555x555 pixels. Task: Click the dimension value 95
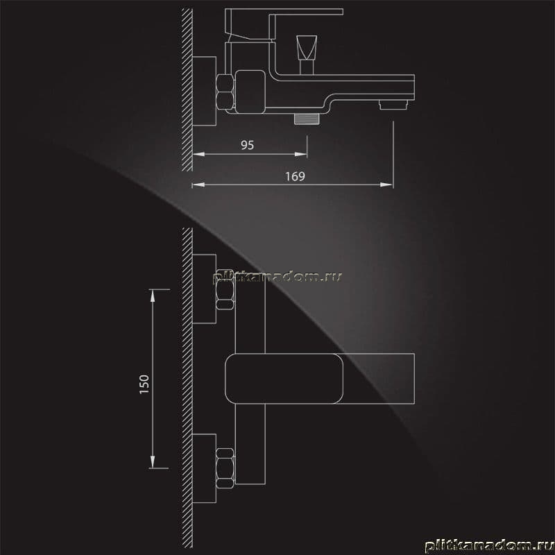pos(247,145)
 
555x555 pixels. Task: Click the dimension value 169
pos(295,176)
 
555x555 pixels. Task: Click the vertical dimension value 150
pos(144,384)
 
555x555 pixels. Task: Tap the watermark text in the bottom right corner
pos(489,545)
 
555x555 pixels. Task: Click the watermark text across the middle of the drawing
pos(278,277)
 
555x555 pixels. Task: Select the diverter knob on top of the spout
pos(307,55)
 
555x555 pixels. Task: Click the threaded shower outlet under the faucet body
pos(307,119)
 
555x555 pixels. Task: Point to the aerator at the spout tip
pos(393,105)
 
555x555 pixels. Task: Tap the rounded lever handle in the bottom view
pos(284,378)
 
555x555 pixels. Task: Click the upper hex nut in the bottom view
pos(225,289)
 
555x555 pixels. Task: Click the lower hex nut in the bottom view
pos(225,468)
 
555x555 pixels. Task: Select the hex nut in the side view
pos(225,92)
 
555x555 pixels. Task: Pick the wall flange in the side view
pos(204,91)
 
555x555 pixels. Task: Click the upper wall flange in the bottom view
pos(204,289)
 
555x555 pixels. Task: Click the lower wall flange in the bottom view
pos(204,468)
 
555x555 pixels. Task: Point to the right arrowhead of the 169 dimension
pos(386,185)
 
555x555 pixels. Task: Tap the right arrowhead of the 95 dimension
pos(301,154)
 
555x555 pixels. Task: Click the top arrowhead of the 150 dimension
pos(153,296)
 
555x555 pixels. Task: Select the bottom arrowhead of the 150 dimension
pos(153,462)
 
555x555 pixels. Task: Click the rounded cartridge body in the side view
pos(250,92)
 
